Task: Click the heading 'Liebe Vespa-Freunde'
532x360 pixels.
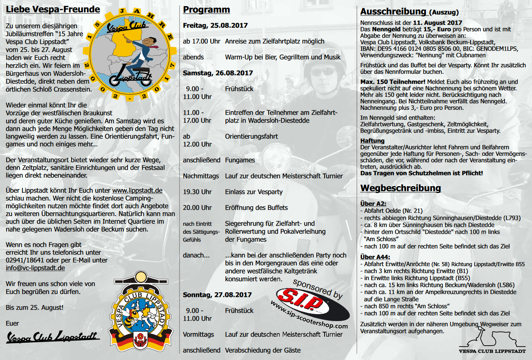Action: (x=53, y=9)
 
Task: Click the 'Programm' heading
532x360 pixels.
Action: (x=207, y=10)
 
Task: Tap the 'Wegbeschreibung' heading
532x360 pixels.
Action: (x=400, y=188)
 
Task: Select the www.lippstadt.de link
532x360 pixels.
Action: (x=137, y=190)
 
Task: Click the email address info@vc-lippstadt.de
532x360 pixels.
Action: (x=35, y=268)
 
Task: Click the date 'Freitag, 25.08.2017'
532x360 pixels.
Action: (x=215, y=25)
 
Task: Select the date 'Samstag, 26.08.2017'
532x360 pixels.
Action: (x=218, y=73)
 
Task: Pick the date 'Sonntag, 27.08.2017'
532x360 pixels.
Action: (x=217, y=295)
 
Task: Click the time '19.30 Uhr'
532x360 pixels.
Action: (x=197, y=192)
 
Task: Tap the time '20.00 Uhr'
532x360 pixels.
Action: (x=197, y=207)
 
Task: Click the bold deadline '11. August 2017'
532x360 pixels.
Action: (x=438, y=23)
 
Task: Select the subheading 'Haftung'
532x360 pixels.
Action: (x=372, y=141)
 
